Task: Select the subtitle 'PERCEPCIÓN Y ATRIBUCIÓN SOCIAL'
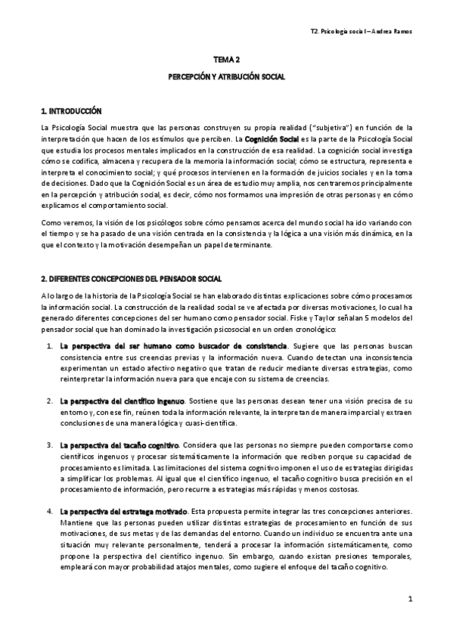pyautogui.click(x=226, y=77)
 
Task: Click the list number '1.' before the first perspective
pyautogui.click(x=49, y=324)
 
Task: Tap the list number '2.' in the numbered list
pyautogui.click(x=49, y=398)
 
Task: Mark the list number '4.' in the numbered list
pyautogui.click(x=49, y=512)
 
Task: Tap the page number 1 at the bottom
pyautogui.click(x=408, y=599)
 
